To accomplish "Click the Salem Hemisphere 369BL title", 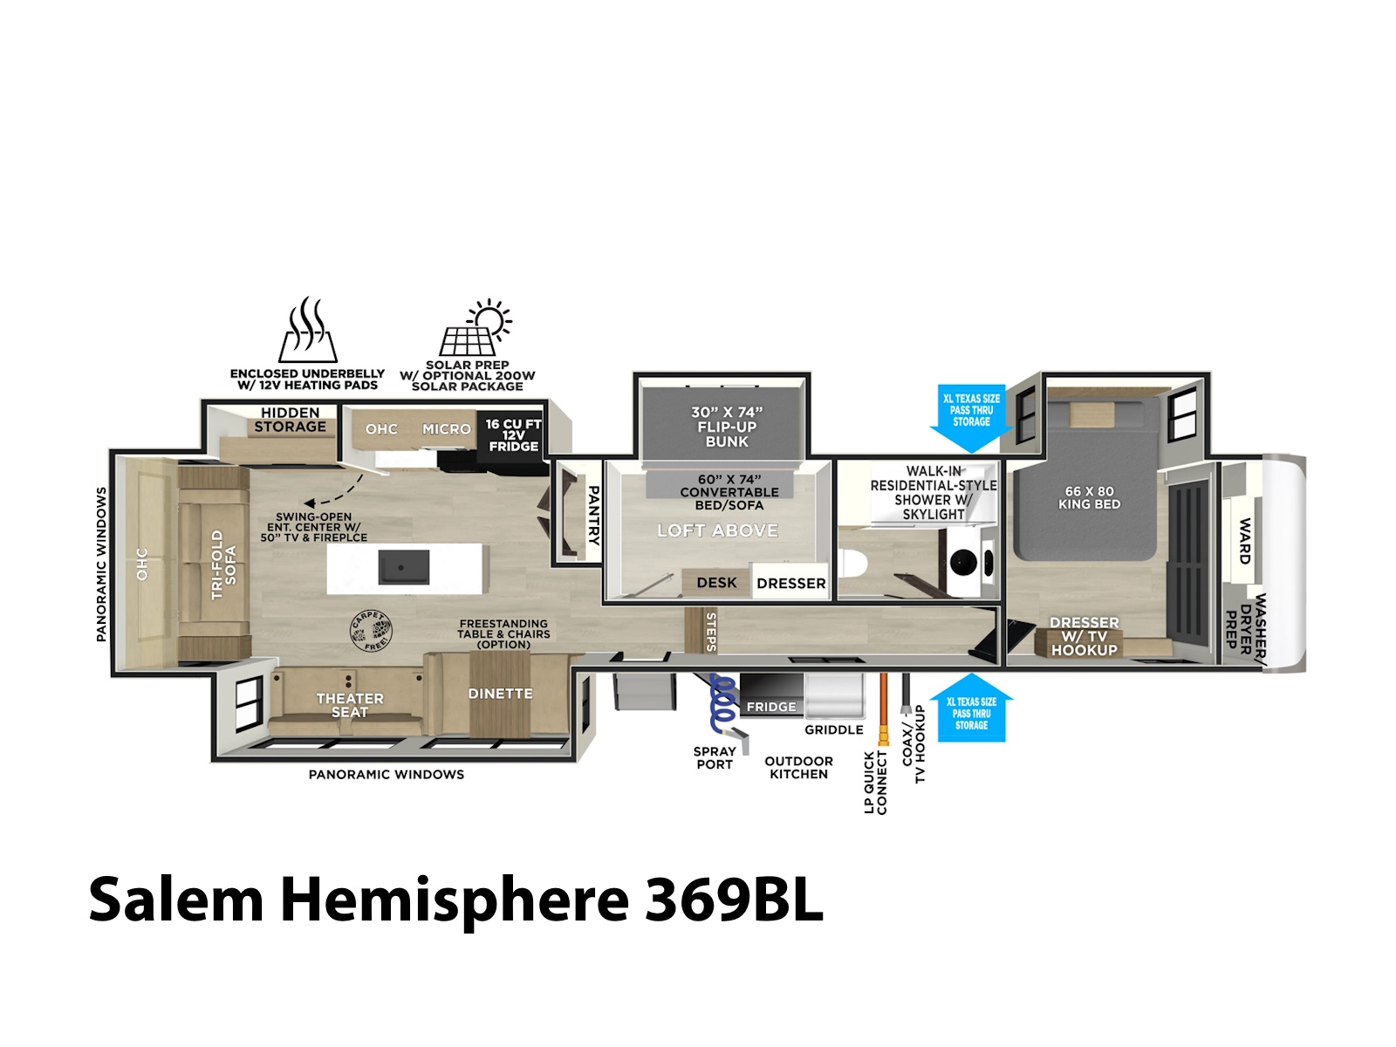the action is (455, 900).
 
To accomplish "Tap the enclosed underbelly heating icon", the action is (308, 329).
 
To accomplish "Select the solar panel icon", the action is (476, 327).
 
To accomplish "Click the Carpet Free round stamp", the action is (372, 631).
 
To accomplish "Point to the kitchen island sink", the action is (403, 567).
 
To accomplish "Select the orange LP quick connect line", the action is (883, 708).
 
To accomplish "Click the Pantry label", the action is (593, 516).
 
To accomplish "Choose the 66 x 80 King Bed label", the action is (1089, 497).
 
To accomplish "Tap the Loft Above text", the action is (717, 530).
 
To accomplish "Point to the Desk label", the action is (716, 582).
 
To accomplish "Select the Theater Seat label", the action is (350, 705).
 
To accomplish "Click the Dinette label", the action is (500, 694).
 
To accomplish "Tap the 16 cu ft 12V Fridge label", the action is (513, 435).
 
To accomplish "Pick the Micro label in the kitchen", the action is (447, 429).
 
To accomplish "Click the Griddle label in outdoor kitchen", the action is (834, 729).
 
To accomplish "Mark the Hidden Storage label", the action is (290, 420).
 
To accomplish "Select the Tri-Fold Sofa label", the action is (224, 565).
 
